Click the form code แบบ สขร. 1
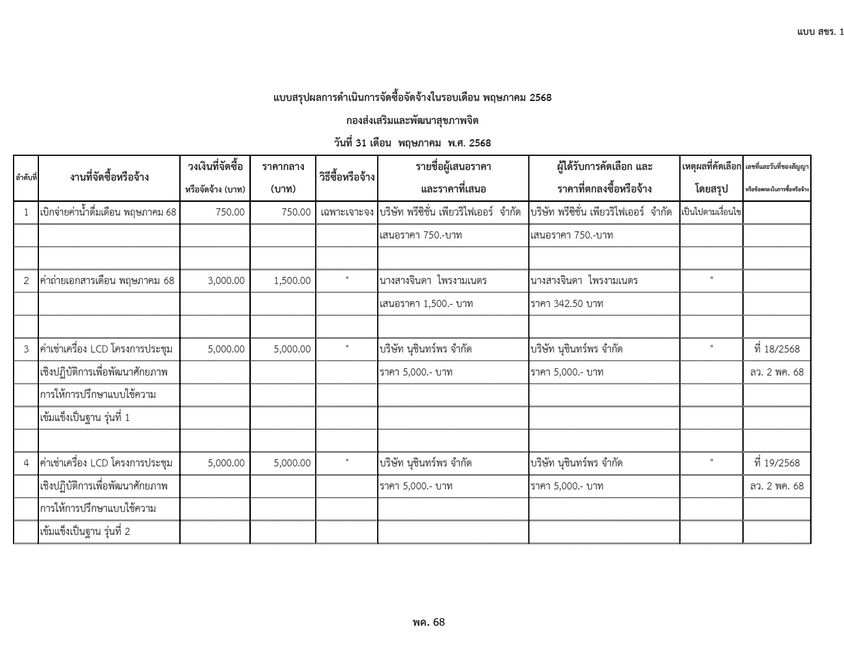coord(820,31)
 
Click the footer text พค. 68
coord(428,622)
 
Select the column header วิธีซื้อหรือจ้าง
coord(347,177)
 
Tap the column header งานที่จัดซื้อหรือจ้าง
coord(109,177)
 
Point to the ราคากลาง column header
coord(283,178)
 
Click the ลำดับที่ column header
coord(26,177)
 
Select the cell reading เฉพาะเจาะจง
coord(347,212)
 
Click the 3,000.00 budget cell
coord(226,280)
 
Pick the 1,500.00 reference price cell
coord(292,280)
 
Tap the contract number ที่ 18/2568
coord(777,349)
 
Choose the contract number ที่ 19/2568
coord(777,463)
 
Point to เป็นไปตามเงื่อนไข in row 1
coord(711,212)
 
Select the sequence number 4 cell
coord(26,463)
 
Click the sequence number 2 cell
coord(26,280)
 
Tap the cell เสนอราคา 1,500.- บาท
coord(426,303)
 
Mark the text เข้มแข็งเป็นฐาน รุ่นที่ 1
coord(85,417)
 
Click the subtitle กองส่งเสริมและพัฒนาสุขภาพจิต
coord(412,120)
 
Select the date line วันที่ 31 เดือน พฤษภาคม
coord(412,143)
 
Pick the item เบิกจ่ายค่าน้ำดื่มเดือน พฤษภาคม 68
coord(109,212)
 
